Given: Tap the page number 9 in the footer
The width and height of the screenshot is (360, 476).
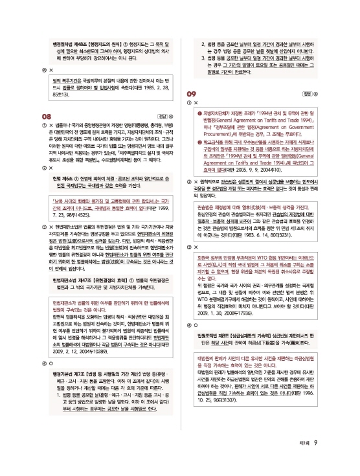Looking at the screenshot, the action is [x=332, y=460].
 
